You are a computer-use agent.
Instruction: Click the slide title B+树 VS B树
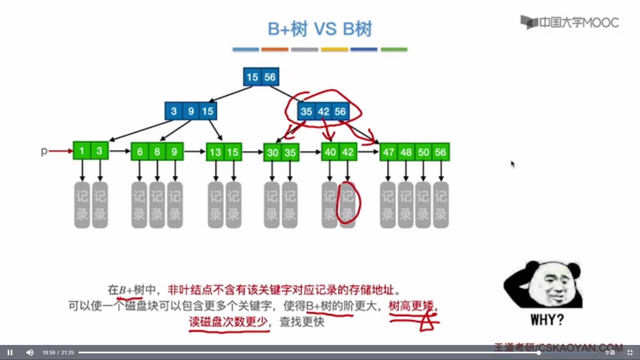(x=320, y=29)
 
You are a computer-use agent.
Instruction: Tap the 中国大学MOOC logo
(x=570, y=22)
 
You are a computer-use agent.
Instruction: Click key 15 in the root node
(x=252, y=77)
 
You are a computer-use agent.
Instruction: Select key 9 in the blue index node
(x=191, y=111)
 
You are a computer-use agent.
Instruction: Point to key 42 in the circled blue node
(x=323, y=112)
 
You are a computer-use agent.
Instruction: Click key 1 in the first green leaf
(x=82, y=151)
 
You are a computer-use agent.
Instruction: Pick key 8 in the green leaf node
(x=157, y=152)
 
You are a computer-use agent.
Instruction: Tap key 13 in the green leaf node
(x=215, y=152)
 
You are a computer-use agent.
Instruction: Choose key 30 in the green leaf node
(x=272, y=153)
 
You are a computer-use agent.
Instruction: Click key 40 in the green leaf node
(x=330, y=152)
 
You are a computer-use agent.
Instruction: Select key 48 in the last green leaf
(x=406, y=152)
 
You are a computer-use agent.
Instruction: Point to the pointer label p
(x=44, y=151)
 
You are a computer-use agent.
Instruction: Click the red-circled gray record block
(x=347, y=205)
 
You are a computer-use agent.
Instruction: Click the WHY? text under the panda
(x=547, y=320)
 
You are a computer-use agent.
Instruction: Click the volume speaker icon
(x=30, y=352)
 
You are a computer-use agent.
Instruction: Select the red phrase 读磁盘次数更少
(x=228, y=322)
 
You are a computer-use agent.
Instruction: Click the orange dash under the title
(x=275, y=49)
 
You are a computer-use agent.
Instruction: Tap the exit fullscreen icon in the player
(x=630, y=352)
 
